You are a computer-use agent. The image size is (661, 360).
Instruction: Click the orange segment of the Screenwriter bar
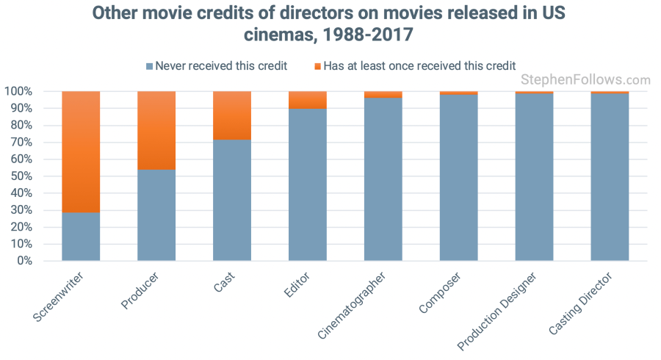pos(81,151)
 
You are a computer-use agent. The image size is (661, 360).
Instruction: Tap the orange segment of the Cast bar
pos(232,115)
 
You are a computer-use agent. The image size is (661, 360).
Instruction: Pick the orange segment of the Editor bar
pos(308,100)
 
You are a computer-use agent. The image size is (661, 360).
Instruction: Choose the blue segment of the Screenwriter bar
pos(81,236)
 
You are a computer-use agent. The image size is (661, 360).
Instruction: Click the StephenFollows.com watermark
pos(585,80)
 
